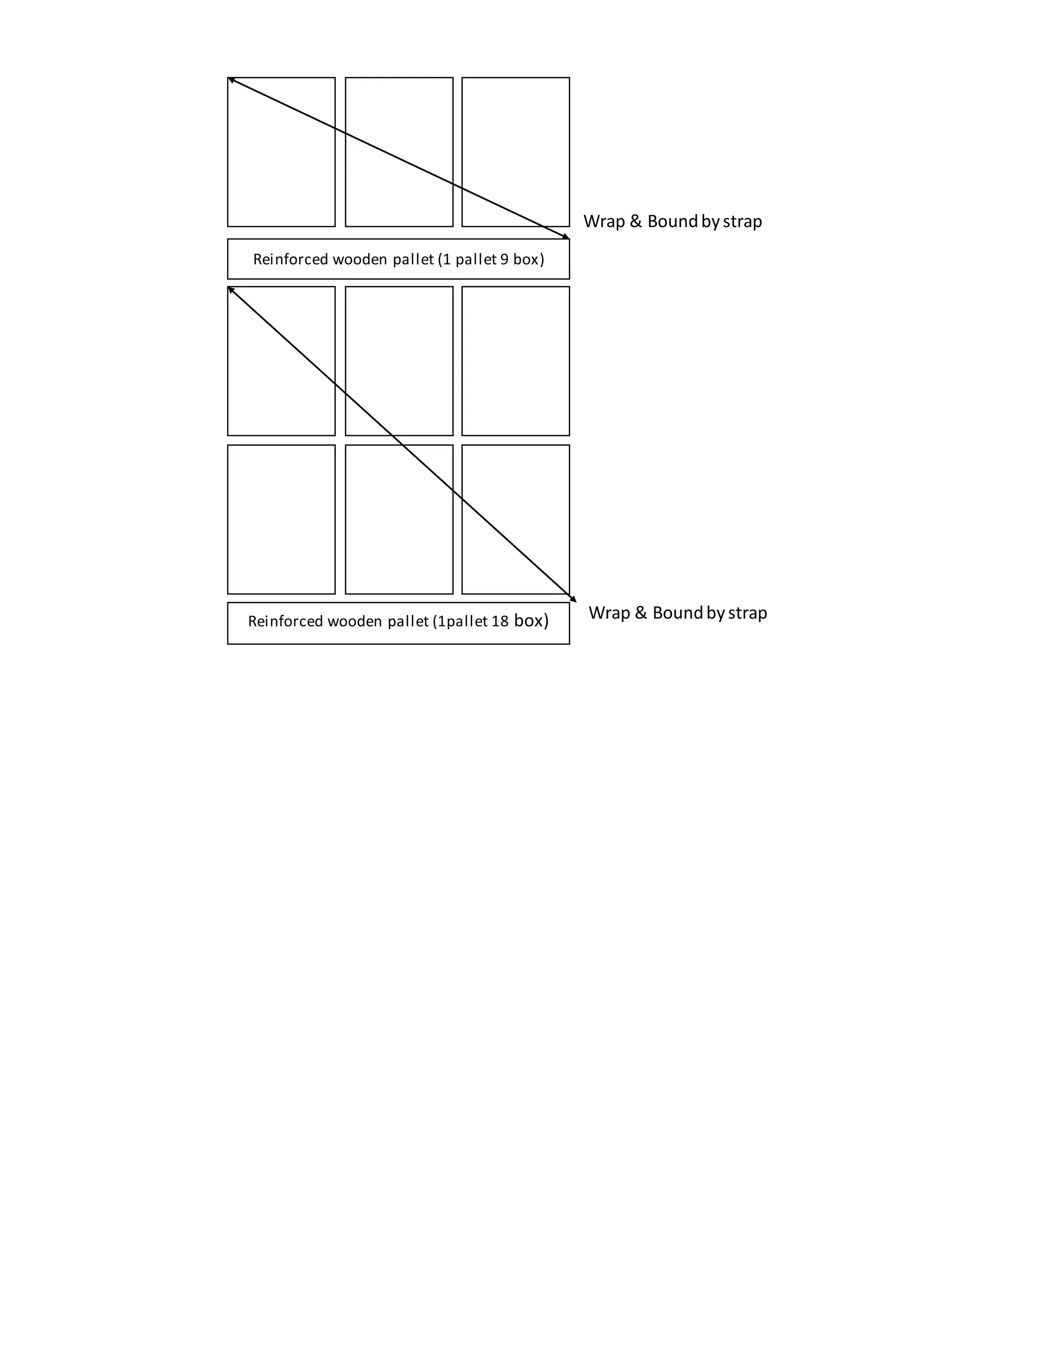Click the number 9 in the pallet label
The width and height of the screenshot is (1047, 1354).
point(504,259)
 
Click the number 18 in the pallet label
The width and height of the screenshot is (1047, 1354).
point(500,621)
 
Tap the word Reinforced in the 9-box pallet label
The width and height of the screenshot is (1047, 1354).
point(291,259)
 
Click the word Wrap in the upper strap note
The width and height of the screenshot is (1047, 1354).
point(604,221)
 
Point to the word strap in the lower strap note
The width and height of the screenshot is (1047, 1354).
point(747,613)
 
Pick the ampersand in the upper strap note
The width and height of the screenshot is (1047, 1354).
point(636,221)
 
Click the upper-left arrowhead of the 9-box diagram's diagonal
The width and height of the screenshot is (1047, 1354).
point(231,79)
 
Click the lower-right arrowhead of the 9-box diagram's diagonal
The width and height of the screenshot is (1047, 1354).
point(566,237)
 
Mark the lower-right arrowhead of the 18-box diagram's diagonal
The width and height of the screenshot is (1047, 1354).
point(574,599)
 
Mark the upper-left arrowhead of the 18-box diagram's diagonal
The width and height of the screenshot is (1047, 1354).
point(231,289)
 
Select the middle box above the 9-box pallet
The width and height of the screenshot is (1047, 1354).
point(399,152)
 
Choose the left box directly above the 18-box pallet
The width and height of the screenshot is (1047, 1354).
point(281,519)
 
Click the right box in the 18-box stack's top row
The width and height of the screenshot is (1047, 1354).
point(515,361)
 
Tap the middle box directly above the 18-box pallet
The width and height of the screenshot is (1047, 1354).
point(399,519)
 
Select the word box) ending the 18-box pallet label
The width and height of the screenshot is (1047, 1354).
point(531,621)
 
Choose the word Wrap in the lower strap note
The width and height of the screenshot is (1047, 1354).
point(609,613)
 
